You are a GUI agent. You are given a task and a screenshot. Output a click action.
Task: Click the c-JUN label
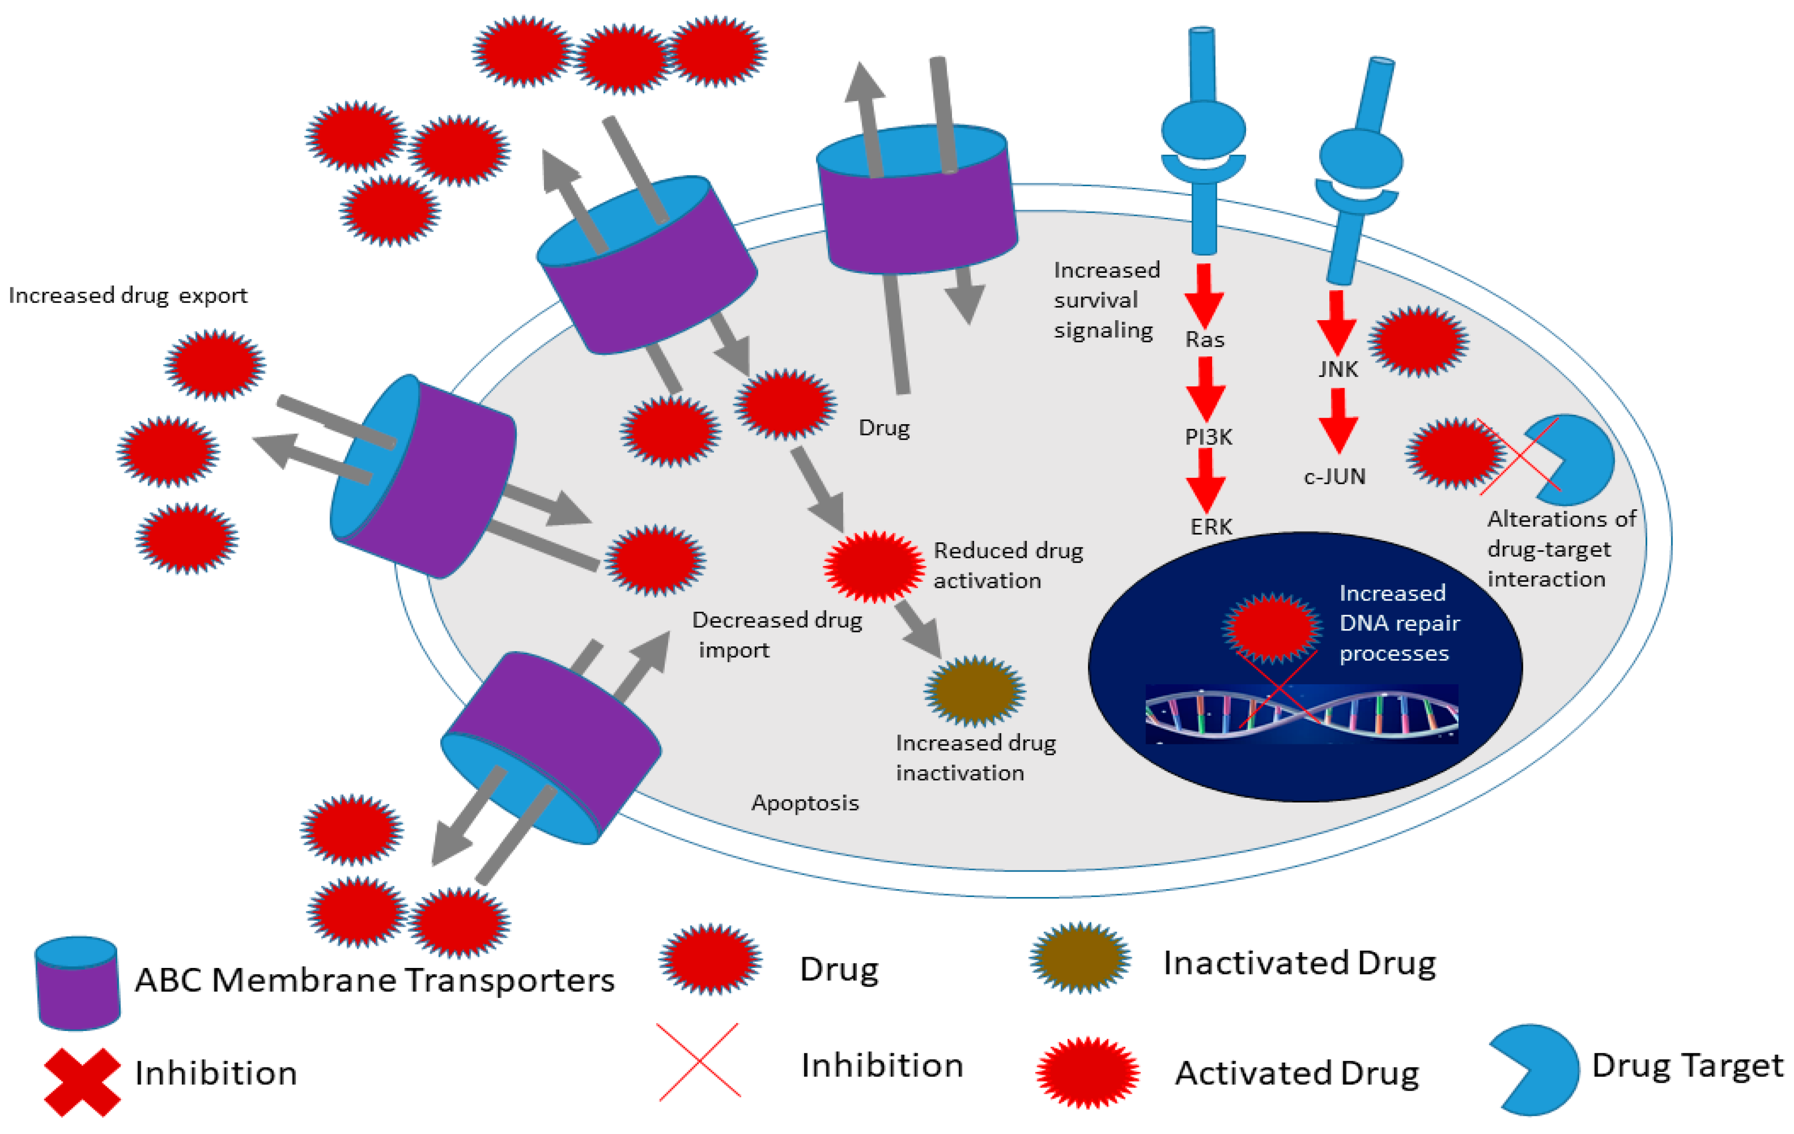pos(1334,476)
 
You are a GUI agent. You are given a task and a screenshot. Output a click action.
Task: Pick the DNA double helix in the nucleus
pos(1301,714)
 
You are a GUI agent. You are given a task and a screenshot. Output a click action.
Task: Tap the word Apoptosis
pos(805,803)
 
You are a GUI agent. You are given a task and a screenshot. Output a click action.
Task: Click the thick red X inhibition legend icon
pos(82,1082)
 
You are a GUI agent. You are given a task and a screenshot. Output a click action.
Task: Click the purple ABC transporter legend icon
pos(77,983)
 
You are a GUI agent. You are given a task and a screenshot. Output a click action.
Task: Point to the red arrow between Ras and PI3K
pos(1205,387)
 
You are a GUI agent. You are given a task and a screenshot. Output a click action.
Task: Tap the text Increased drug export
pos(128,296)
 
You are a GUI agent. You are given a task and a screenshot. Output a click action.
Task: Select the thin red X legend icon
pos(699,1061)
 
